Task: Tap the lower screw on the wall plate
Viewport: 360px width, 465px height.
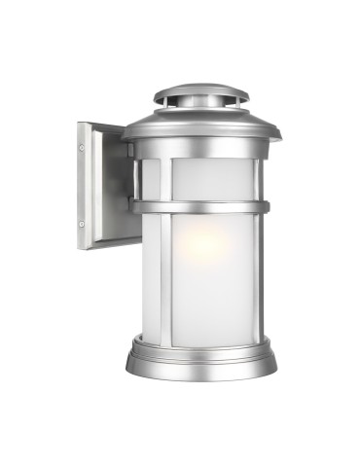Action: click(x=82, y=226)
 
